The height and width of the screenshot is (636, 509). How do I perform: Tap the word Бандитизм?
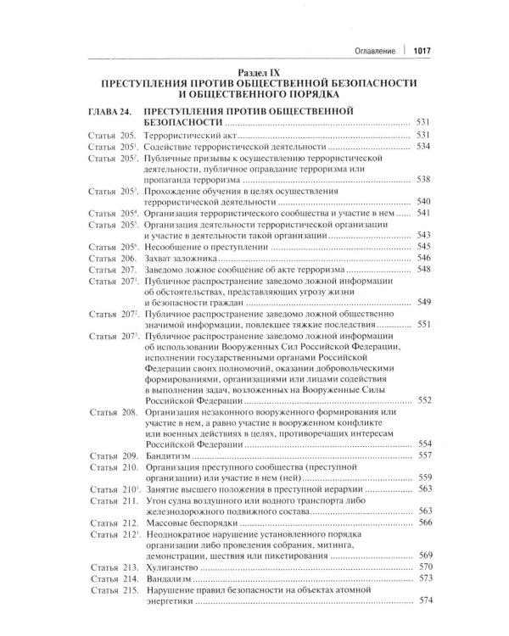(x=170, y=455)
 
